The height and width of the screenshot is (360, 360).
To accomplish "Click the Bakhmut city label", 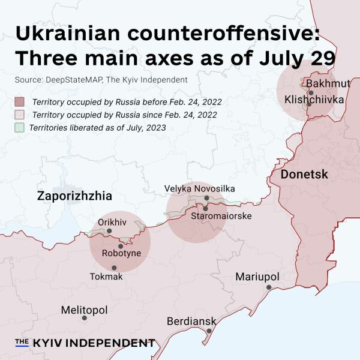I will (325, 83).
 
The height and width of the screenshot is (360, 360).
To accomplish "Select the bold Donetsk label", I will (299, 175).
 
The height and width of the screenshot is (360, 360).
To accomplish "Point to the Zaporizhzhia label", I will (74, 196).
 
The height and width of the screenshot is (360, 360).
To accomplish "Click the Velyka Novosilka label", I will (200, 188).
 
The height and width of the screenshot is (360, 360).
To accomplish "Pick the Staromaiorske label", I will (221, 216).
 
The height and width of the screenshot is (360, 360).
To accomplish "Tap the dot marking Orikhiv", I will (109, 231).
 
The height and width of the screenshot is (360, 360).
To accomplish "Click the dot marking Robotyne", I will (121, 246).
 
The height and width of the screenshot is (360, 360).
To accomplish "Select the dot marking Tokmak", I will (114, 268).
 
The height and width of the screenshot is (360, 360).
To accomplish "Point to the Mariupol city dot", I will (269, 287).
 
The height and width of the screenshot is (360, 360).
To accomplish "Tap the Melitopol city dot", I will (84, 318).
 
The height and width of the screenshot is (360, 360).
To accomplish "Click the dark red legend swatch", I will (20, 101).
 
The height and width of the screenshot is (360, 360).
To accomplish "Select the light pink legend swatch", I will (20, 115).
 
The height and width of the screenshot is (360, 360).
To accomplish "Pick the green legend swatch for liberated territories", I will (20, 127).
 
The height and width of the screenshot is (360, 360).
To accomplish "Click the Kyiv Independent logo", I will (85, 343).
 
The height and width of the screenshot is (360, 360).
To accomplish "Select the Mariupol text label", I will (257, 277).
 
